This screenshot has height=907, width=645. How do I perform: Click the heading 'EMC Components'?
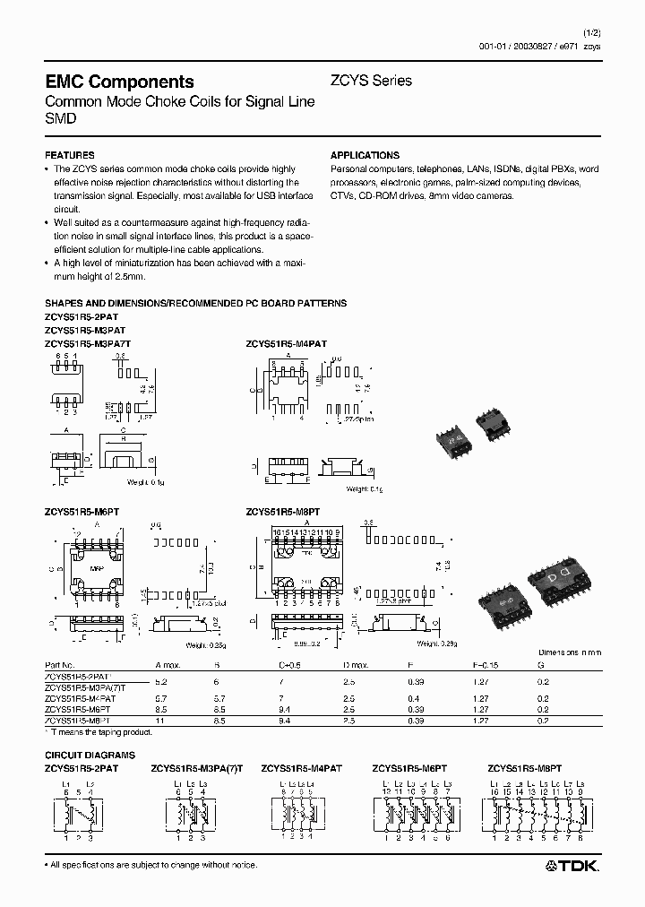click(119, 82)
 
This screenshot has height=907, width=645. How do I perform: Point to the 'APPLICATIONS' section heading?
click(365, 155)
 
